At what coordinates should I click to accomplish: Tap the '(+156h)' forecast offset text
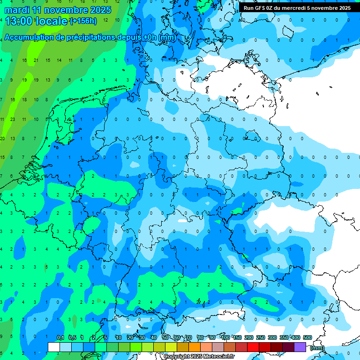(83, 21)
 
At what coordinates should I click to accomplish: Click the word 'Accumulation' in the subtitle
(29, 37)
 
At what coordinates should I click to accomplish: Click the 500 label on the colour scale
(307, 337)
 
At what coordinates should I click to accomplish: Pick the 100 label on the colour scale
(225, 337)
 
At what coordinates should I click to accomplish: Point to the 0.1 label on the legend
(60, 337)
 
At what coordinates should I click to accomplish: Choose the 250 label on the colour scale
(261, 337)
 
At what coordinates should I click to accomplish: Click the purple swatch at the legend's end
(300, 347)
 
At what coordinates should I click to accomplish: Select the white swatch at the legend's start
(54, 347)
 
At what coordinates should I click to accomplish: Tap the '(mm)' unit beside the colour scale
(317, 348)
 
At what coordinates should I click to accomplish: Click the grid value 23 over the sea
(13, 119)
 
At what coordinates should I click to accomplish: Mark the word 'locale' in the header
(51, 21)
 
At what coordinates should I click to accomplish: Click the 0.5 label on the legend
(72, 337)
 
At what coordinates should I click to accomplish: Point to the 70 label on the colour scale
(189, 337)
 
